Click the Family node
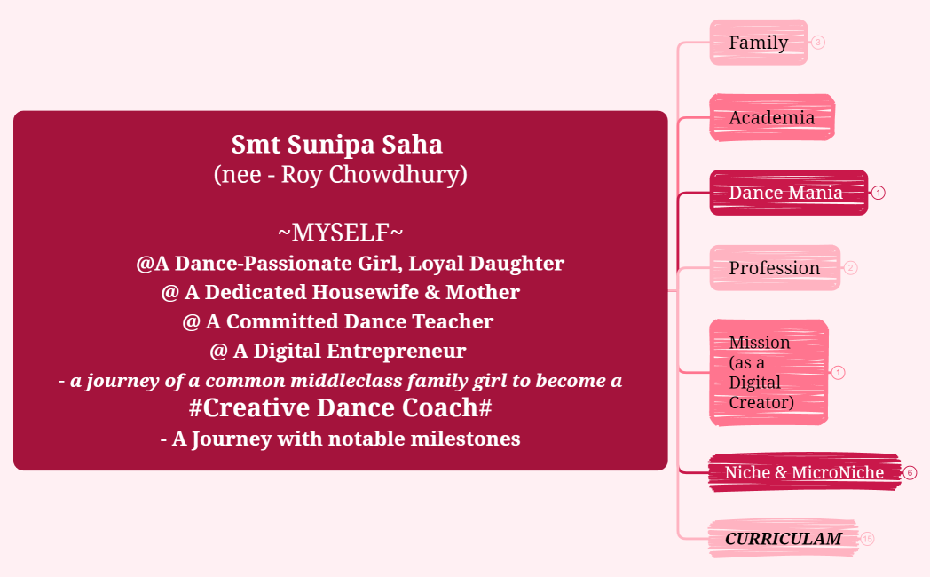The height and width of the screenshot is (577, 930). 758,43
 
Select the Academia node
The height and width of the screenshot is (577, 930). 771,117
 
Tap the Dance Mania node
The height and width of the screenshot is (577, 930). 786,193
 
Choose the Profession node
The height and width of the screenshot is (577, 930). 774,268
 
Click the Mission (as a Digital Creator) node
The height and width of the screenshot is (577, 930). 768,372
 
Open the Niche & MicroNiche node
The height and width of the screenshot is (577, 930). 804,472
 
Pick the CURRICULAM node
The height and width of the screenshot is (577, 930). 783,539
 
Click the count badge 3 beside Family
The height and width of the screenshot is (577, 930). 818,42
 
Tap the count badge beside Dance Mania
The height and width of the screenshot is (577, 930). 879,193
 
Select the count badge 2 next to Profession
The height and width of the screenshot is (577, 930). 850,267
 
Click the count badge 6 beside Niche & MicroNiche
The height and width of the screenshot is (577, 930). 910,473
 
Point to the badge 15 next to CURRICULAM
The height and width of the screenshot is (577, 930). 867,539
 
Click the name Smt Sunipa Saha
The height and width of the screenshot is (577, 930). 336,144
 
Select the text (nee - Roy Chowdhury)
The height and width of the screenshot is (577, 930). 340,174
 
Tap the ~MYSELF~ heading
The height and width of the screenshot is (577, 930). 340,233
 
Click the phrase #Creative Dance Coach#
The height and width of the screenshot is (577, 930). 340,408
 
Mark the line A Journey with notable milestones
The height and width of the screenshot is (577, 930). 340,439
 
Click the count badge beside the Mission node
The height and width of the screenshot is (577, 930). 839,373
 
